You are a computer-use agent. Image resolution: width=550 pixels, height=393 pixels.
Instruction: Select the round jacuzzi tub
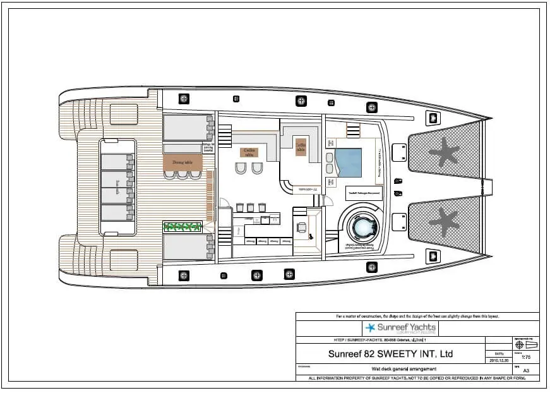[364, 226]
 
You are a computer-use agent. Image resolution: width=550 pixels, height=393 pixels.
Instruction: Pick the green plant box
[182, 226]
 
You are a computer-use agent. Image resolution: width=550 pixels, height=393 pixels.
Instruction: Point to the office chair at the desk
[302, 229]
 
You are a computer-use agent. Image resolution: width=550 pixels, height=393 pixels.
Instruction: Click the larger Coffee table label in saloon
[249, 152]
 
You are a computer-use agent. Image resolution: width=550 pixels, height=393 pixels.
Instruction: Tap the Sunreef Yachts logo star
[371, 328]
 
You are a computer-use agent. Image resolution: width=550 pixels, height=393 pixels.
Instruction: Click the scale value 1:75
[525, 357]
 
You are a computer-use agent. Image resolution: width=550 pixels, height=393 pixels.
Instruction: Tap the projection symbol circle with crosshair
[519, 346]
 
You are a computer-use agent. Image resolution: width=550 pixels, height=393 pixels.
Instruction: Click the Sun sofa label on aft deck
[117, 186]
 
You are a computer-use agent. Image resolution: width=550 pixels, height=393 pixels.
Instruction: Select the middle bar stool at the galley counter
[251, 207]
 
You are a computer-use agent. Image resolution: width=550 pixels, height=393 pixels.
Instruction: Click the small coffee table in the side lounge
[301, 146]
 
